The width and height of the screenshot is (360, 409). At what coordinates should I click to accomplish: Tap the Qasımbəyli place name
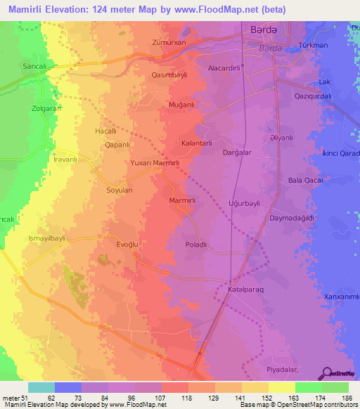pyautogui.click(x=170, y=73)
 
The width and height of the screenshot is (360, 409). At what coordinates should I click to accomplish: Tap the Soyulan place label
pyautogui.click(x=119, y=190)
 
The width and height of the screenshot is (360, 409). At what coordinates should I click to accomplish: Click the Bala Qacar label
pyautogui.click(x=304, y=181)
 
